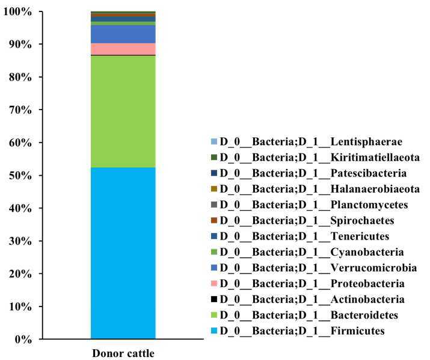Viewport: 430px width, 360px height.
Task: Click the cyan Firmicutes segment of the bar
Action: tap(123, 253)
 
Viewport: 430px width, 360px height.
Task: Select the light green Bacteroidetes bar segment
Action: tap(123, 111)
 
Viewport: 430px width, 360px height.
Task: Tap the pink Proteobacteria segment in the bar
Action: tap(123, 49)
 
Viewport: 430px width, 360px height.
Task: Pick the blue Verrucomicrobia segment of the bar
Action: tap(123, 34)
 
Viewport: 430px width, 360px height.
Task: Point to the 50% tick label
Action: tap(20, 175)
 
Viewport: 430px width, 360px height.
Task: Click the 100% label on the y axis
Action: tap(17, 12)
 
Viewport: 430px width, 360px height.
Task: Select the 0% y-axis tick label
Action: tap(23, 340)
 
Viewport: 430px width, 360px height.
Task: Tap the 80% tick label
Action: tap(20, 77)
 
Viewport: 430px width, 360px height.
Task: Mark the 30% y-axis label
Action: tap(20, 241)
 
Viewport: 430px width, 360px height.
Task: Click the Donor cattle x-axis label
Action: tap(123, 353)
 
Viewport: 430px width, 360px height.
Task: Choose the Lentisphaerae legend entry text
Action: tap(311, 141)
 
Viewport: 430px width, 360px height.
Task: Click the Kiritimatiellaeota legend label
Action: tap(320, 157)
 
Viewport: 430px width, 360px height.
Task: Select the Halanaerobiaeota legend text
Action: tap(320, 189)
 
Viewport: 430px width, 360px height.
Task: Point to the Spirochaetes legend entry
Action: tap(307, 220)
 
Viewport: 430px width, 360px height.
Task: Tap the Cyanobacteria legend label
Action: tap(312, 252)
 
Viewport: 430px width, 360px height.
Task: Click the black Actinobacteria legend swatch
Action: tap(214, 299)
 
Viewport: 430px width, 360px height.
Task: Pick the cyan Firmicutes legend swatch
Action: tap(214, 331)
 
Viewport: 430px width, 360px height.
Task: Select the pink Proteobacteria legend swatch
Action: tap(214, 284)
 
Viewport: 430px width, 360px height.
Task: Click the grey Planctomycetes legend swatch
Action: tap(214, 205)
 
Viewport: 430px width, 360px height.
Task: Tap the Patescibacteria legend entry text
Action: tap(313, 173)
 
